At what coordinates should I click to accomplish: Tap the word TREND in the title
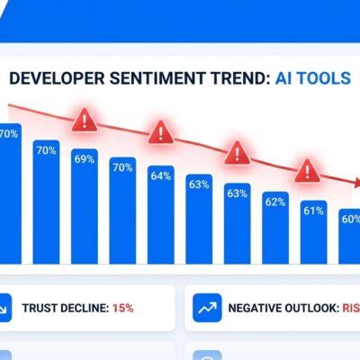(225, 77)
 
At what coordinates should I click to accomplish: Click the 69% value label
(85, 158)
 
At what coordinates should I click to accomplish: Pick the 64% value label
(161, 175)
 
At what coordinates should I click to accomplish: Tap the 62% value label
(275, 202)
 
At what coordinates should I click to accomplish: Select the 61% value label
(313, 211)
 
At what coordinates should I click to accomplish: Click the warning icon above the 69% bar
(85, 119)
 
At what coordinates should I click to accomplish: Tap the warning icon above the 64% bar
(161, 132)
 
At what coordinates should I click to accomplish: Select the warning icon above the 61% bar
(308, 167)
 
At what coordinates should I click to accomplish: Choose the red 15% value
(123, 308)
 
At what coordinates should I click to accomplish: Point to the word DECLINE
(85, 308)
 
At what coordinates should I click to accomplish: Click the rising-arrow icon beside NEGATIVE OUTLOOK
(206, 308)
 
